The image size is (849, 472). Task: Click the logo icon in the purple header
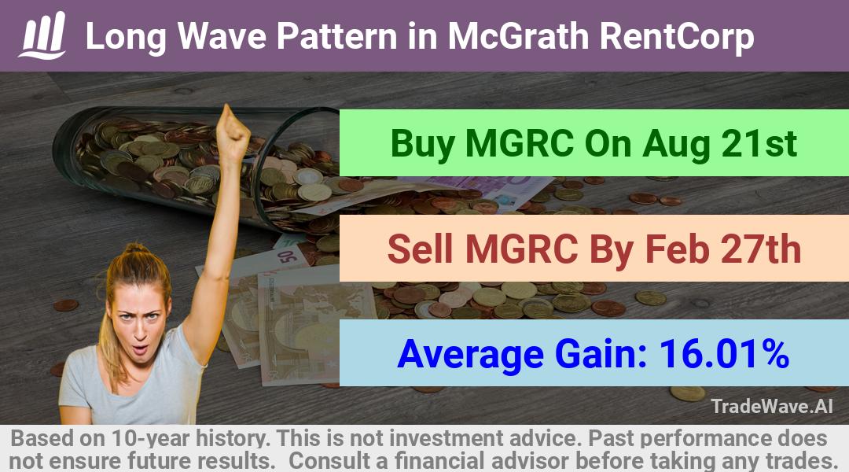tap(42, 35)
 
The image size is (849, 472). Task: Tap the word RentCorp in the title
tap(677, 37)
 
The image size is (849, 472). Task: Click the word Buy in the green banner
tap(422, 144)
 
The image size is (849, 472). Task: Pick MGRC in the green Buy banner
tap(520, 143)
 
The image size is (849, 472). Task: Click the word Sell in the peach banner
tap(421, 249)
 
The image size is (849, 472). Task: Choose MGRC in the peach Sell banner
tap(521, 249)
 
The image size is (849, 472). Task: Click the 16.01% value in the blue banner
tap(724, 353)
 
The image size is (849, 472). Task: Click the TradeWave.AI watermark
tap(772, 406)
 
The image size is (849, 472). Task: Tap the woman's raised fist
tap(232, 131)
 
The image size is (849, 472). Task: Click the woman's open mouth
tap(140, 348)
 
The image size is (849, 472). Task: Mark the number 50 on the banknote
tap(288, 256)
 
